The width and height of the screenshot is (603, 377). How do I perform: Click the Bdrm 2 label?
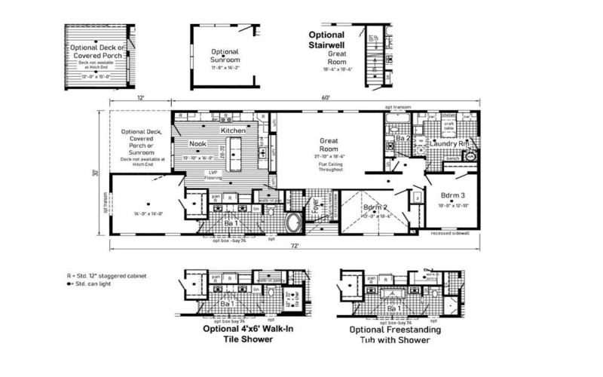(x=375, y=207)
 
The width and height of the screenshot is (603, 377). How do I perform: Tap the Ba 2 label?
(x=401, y=139)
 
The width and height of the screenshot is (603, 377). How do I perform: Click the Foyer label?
(x=317, y=206)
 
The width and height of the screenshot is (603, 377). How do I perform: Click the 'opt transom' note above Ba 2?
(x=397, y=108)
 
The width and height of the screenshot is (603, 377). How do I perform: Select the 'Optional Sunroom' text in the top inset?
(x=225, y=56)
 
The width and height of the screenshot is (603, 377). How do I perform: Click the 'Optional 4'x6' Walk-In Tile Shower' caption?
(x=237, y=334)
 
